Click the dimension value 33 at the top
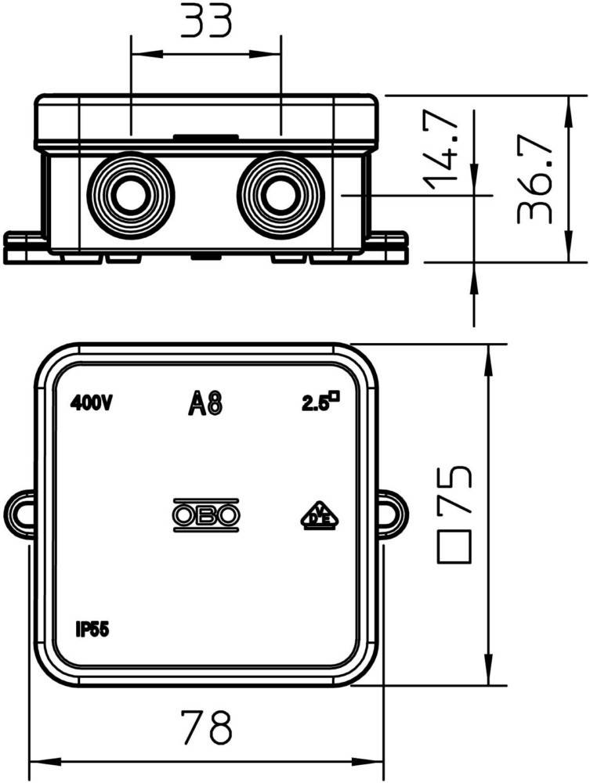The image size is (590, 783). point(205,21)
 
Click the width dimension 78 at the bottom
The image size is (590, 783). point(206,728)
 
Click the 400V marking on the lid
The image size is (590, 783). point(92,403)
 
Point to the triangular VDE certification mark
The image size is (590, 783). point(320,516)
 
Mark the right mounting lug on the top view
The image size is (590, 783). point(393,515)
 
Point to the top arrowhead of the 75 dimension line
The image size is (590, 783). point(489,354)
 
